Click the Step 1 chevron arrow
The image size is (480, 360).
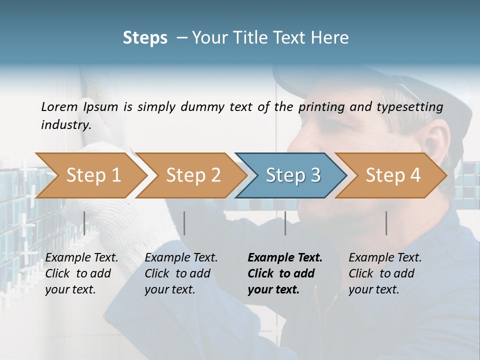click(93, 175)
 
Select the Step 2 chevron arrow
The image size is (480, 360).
click(193, 175)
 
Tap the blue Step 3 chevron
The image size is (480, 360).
click(293, 175)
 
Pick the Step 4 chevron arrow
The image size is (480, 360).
click(393, 175)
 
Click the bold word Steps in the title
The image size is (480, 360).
click(145, 38)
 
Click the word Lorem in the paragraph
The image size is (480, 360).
click(59, 107)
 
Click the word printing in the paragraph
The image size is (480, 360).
click(321, 107)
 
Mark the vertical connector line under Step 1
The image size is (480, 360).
click(84, 223)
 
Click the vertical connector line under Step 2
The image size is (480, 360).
click(184, 223)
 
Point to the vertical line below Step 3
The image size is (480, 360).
click(285, 223)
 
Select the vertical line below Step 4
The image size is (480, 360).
click(386, 223)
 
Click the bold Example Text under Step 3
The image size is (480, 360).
click(285, 258)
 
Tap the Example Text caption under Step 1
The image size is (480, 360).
click(81, 258)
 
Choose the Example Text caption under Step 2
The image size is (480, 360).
click(181, 258)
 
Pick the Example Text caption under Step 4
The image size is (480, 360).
click(385, 258)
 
